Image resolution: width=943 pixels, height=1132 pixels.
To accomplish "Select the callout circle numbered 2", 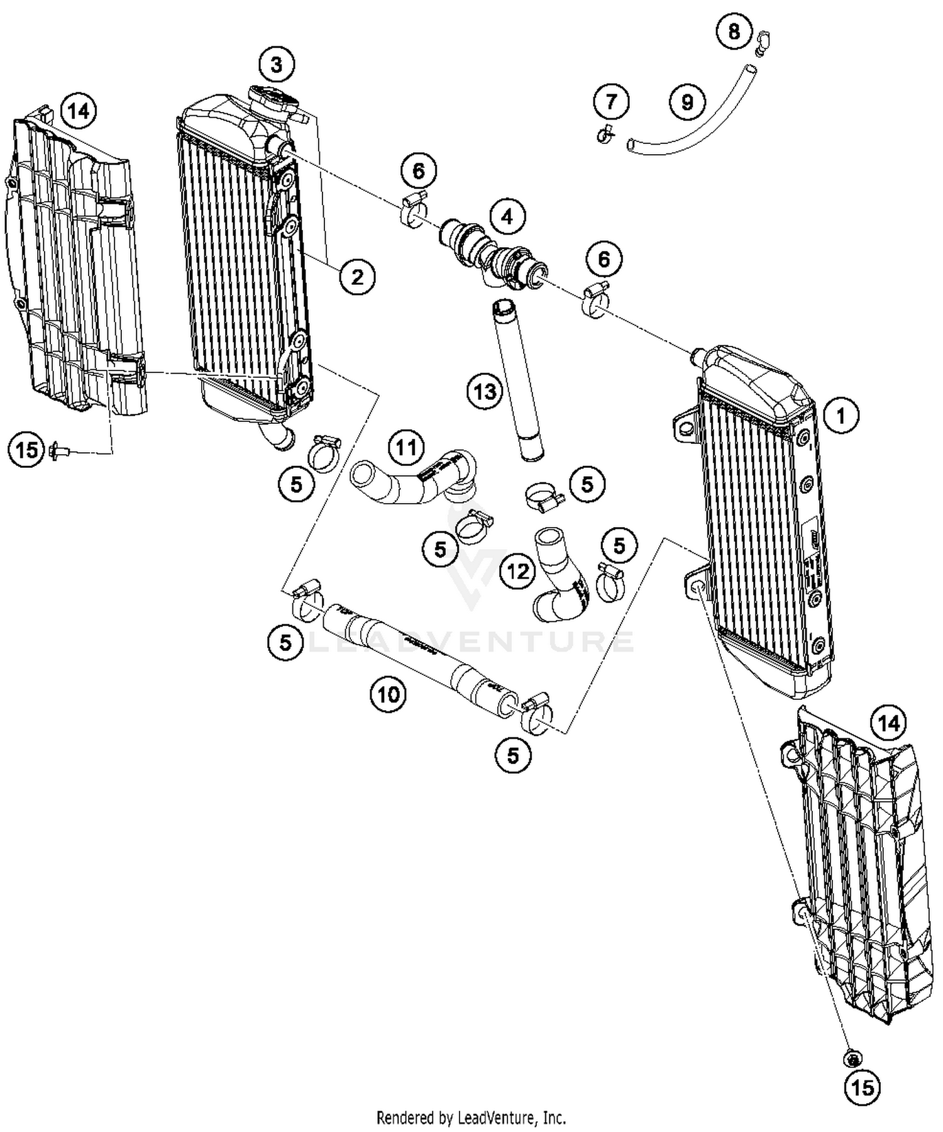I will point(357,276).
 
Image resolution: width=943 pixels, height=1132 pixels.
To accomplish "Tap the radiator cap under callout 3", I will point(274,101).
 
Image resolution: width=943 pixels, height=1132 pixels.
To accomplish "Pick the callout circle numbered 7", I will point(611,101).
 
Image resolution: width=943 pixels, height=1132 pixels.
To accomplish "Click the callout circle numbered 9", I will point(687,101).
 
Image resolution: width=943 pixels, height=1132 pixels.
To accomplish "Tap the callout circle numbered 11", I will point(406,448).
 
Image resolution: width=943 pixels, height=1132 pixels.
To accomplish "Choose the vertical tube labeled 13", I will point(518,384).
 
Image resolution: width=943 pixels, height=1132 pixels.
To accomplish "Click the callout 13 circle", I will point(485,392).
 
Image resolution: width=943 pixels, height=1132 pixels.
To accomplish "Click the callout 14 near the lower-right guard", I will point(888,724).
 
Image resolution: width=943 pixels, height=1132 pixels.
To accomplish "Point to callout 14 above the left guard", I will point(79,111).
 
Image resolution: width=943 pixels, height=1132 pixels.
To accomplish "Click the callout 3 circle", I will point(277,64).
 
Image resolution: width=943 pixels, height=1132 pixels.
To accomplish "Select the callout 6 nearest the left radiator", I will point(419,170).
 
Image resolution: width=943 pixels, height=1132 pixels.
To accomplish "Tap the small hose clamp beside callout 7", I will point(605,133).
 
